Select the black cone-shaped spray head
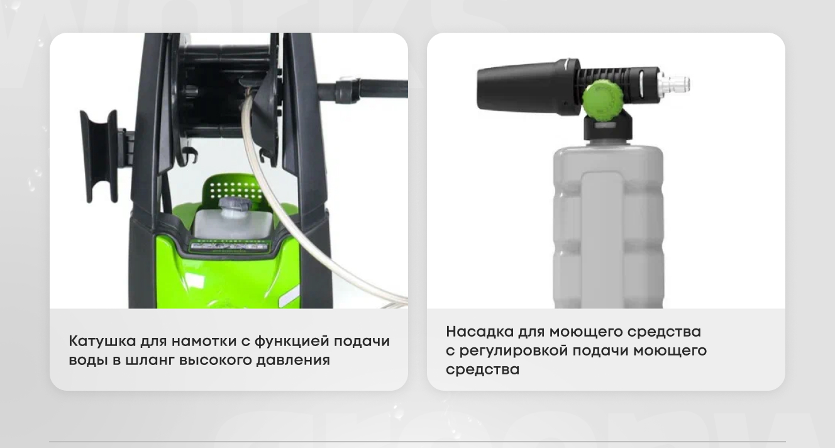point(528,86)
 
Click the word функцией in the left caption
point(292,342)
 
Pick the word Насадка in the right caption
point(479,332)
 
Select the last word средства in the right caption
point(483,370)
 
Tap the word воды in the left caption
point(89,361)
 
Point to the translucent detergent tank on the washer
point(233,223)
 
